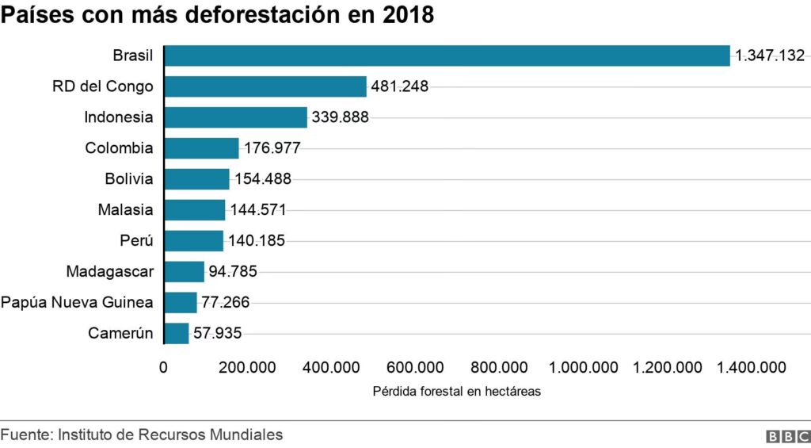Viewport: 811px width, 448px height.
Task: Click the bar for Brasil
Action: pos(447,56)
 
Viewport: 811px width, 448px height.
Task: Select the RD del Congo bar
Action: pos(265,86)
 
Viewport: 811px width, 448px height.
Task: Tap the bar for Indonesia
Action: pos(235,117)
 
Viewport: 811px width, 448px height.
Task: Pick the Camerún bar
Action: pos(177,333)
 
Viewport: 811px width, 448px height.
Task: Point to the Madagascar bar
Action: pos(184,272)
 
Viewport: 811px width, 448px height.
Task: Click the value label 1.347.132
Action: pos(770,56)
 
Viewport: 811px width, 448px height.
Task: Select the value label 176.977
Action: pos(272,148)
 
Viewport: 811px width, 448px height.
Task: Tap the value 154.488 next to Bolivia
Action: pos(263,179)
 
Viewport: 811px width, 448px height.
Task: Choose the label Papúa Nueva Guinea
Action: pos(77,303)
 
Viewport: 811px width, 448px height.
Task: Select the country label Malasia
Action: pos(125,210)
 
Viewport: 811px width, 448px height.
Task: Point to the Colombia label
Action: pos(119,148)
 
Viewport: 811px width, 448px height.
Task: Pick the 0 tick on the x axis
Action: pos(164,367)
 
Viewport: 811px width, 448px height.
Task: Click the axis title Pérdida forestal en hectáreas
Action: pos(455,391)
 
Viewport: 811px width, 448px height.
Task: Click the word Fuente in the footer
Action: pos(24,435)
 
